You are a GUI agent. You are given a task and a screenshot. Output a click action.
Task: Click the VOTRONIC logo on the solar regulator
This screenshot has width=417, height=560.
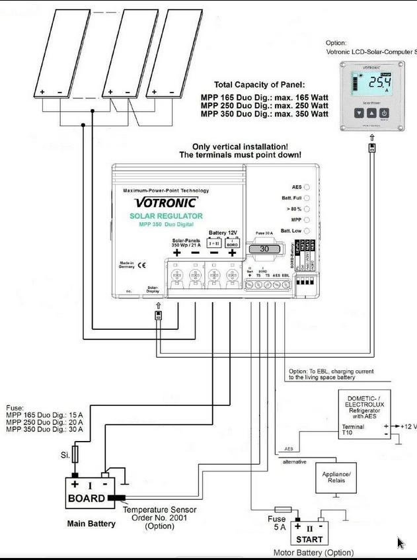(166, 202)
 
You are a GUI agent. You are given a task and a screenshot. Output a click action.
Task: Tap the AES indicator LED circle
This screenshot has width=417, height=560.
(307, 187)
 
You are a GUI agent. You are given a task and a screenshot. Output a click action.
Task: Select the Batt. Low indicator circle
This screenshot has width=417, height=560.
(307, 231)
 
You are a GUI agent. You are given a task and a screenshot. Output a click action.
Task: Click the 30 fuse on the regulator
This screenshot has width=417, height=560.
(264, 249)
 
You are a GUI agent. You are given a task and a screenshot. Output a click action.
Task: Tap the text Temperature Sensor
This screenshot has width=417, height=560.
(159, 510)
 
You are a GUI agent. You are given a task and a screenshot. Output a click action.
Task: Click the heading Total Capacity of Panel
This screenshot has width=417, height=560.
(259, 85)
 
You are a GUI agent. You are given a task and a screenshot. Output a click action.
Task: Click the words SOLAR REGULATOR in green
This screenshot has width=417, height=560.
(166, 216)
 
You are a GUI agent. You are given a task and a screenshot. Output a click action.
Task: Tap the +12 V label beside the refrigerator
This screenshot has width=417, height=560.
(407, 426)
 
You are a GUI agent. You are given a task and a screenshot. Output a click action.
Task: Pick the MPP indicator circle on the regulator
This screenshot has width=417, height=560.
(307, 219)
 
